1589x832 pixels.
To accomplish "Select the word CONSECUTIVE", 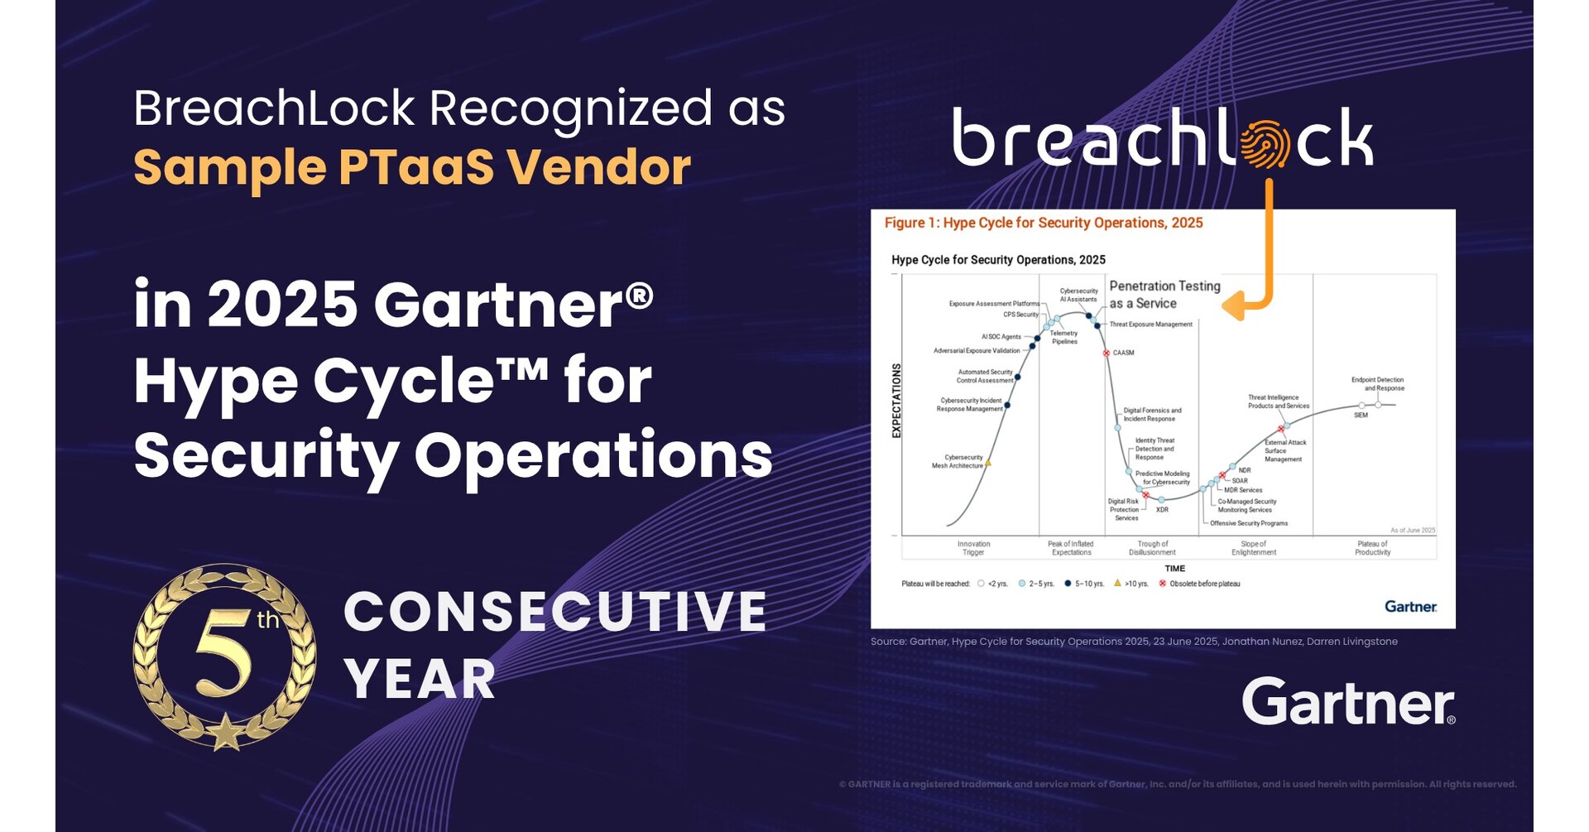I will point(555,612).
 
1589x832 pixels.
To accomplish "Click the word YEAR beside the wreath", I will point(420,680).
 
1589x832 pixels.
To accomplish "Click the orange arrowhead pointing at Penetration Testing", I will point(1232,305).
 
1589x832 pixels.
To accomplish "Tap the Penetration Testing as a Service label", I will point(1164,295).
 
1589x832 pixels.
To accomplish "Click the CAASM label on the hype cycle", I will point(1123,353).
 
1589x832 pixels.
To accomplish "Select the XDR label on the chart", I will point(1162,510).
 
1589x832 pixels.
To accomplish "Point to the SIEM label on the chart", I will point(1361,416).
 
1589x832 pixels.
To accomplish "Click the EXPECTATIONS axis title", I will point(896,401).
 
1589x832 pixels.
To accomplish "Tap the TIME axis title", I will point(1174,569).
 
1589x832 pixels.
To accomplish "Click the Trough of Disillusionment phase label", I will point(1152,548).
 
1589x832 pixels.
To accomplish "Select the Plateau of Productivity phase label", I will point(1372,548).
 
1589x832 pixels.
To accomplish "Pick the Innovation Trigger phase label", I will point(973,548).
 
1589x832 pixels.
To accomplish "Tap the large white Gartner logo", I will point(1348,702).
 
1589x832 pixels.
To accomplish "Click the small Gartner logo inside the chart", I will point(1410,607).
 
